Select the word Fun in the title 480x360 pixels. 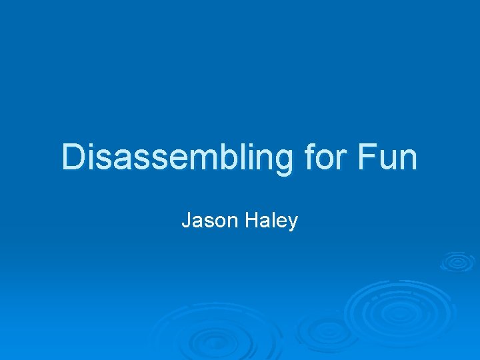coord(388,158)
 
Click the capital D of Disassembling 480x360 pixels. coord(73,158)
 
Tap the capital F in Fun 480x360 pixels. coord(367,158)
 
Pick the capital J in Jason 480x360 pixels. coord(186,221)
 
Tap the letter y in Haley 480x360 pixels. coord(292,223)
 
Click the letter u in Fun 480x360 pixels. coord(388,160)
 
